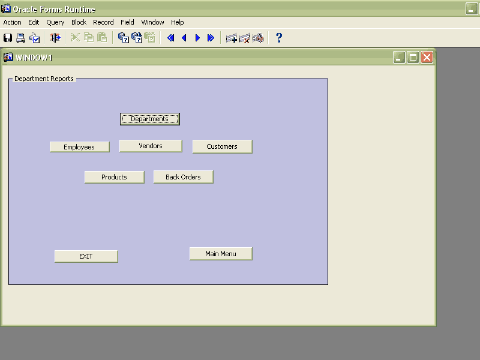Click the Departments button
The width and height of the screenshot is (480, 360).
pos(149,119)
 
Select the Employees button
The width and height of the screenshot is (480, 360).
pos(80,147)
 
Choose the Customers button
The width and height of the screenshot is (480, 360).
pos(222,146)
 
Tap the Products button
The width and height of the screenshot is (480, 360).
pos(114,177)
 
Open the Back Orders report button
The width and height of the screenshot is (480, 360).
pos(184,177)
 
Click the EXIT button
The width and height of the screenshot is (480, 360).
pos(86,257)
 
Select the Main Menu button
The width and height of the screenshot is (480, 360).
pos(221,254)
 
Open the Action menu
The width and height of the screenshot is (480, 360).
pos(12,22)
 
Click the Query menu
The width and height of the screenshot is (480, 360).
pos(55,23)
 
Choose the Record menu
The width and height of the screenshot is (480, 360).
pos(103,22)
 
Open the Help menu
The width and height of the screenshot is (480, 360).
pos(177,22)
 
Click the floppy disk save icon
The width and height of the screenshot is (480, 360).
pos(8,38)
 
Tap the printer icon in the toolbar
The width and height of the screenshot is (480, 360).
pos(21,38)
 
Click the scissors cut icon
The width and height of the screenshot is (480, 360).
pos(76,38)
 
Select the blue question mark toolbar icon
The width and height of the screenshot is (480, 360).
pos(278,38)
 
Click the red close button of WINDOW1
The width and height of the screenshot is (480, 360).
pos(427,57)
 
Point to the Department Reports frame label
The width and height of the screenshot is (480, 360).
pos(44,79)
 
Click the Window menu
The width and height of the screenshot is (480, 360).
pos(152,22)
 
